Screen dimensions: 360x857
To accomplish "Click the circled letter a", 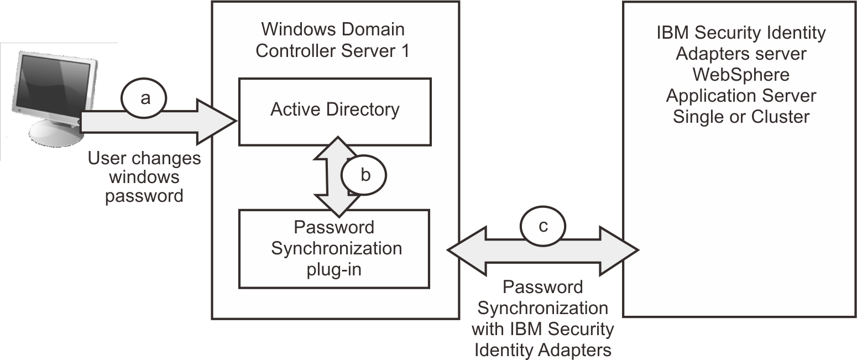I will click(x=145, y=98).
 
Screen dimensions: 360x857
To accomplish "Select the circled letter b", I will click(x=364, y=175).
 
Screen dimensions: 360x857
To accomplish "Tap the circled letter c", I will click(x=543, y=227).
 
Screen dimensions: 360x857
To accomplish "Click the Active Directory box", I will click(x=335, y=111).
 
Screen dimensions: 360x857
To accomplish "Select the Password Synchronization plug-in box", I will click(x=334, y=248).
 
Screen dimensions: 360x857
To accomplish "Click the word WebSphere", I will click(x=741, y=75).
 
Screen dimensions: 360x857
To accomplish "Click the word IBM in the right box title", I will click(x=672, y=33).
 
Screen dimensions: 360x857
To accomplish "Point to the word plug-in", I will click(x=334, y=269).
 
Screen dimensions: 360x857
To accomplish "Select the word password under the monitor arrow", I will click(x=144, y=196).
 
